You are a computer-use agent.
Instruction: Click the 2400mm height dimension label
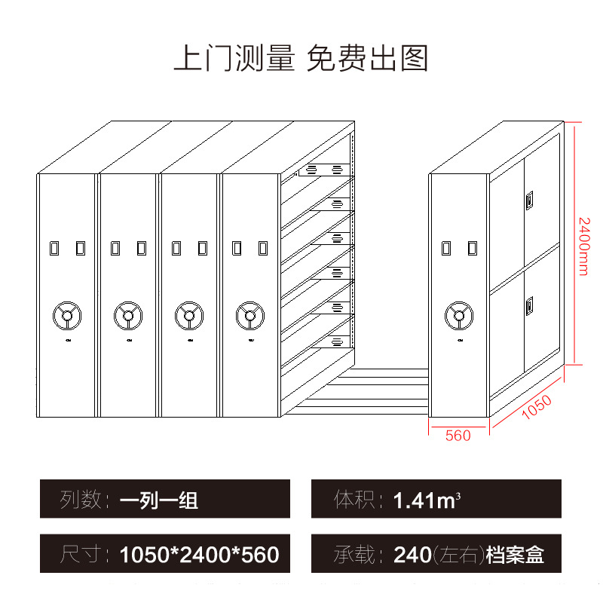[x=583, y=246]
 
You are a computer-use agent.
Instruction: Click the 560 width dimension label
[x=458, y=436]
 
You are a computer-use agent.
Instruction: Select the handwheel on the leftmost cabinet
[x=67, y=316]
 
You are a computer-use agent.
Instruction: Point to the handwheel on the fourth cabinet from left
[x=249, y=316]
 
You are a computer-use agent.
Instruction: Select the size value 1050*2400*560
[x=199, y=556]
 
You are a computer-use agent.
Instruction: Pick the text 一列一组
[x=159, y=499]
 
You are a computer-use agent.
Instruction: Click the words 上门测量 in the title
[x=234, y=58]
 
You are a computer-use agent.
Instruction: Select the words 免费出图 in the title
[x=367, y=58]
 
